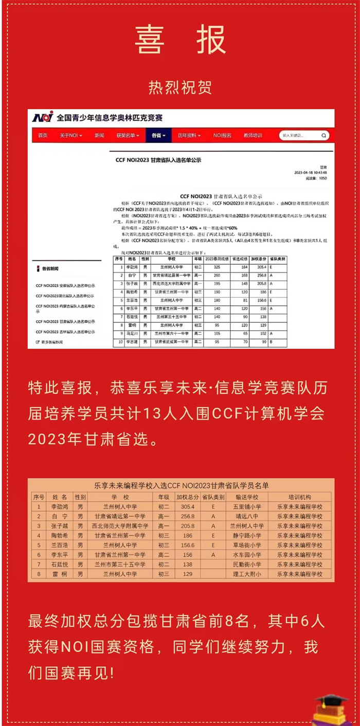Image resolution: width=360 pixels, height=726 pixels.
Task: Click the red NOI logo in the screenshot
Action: pyautogui.click(x=43, y=117)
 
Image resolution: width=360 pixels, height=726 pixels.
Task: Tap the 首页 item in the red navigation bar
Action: pyautogui.click(x=43, y=135)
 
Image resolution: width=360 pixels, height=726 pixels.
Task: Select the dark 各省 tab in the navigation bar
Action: pyautogui.click(x=157, y=135)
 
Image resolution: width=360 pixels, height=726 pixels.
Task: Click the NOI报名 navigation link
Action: pyautogui.click(x=222, y=135)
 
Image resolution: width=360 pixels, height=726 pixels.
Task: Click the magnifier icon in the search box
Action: pyautogui.click(x=324, y=136)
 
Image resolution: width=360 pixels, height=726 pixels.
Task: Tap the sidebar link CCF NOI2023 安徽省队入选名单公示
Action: pyautogui.click(x=65, y=285)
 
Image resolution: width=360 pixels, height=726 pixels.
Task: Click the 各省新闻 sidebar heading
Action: pyautogui.click(x=50, y=269)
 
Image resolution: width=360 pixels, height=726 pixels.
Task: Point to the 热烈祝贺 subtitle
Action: pyautogui.click(x=180, y=87)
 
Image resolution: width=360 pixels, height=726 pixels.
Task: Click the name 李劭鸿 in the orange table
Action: pyautogui.click(x=60, y=506)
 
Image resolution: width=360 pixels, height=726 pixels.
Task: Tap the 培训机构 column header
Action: pyautogui.click(x=299, y=497)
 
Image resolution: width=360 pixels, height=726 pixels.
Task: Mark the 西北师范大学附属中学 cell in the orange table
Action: pyautogui.click(x=120, y=526)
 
